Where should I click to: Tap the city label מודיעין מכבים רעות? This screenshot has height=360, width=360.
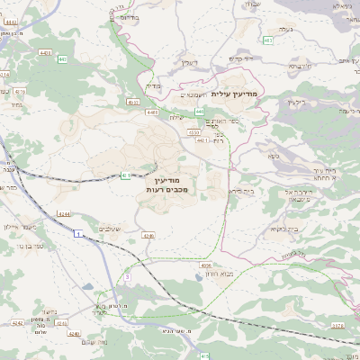(159, 186)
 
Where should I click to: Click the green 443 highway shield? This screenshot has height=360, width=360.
(197, 111)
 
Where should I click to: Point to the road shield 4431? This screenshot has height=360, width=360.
(202, 139)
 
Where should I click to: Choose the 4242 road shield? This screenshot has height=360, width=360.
(17, 319)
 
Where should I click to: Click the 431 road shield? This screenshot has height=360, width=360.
(125, 175)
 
